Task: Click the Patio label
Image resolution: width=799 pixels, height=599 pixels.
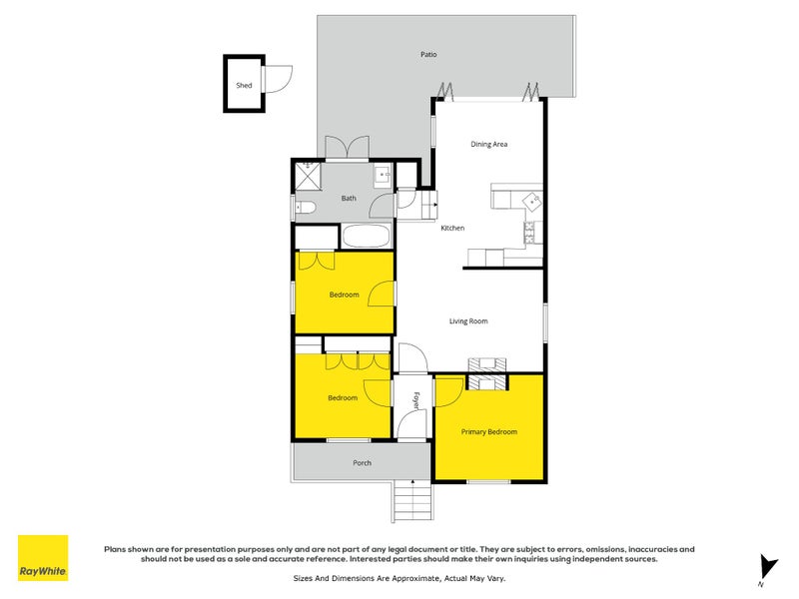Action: (x=428, y=55)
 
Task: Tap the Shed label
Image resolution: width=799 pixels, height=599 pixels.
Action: (x=244, y=86)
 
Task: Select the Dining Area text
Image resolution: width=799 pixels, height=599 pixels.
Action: (x=489, y=145)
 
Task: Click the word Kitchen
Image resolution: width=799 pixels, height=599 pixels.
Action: (x=452, y=229)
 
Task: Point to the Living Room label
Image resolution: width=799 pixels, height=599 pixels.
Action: (x=467, y=321)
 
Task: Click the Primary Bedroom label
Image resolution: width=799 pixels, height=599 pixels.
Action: (x=488, y=432)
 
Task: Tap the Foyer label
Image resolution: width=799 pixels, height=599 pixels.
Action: (x=414, y=398)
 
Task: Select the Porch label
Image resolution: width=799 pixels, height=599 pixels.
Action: (x=362, y=463)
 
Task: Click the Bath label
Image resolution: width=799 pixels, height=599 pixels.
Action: (x=349, y=199)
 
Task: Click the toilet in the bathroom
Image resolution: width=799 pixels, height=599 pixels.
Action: (x=306, y=208)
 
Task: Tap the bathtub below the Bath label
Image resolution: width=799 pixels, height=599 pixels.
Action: (x=367, y=238)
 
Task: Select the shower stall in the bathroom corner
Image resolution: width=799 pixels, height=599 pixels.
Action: (x=309, y=176)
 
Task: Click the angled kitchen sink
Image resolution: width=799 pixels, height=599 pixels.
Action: (x=533, y=201)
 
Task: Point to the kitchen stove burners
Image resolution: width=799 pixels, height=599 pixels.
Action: (x=529, y=236)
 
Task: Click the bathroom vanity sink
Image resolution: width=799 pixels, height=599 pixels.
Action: (x=383, y=177)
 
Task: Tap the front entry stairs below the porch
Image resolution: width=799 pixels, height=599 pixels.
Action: (x=412, y=499)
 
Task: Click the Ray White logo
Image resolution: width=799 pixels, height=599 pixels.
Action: (x=43, y=558)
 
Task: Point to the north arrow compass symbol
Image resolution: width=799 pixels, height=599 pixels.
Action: (x=766, y=566)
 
